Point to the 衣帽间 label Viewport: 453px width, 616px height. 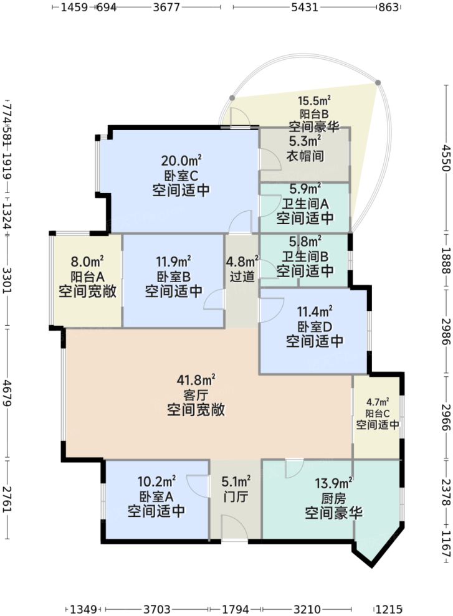(305, 156)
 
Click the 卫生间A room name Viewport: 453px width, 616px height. (305, 203)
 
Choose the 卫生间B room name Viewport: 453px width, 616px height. (305, 255)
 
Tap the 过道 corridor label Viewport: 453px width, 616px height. (242, 276)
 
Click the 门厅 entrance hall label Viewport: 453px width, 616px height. (236, 496)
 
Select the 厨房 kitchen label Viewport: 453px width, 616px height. (334, 497)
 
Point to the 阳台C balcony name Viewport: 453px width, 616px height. (378, 413)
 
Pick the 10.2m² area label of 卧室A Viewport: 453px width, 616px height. (156, 481)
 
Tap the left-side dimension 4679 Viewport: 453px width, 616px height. (7, 394)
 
